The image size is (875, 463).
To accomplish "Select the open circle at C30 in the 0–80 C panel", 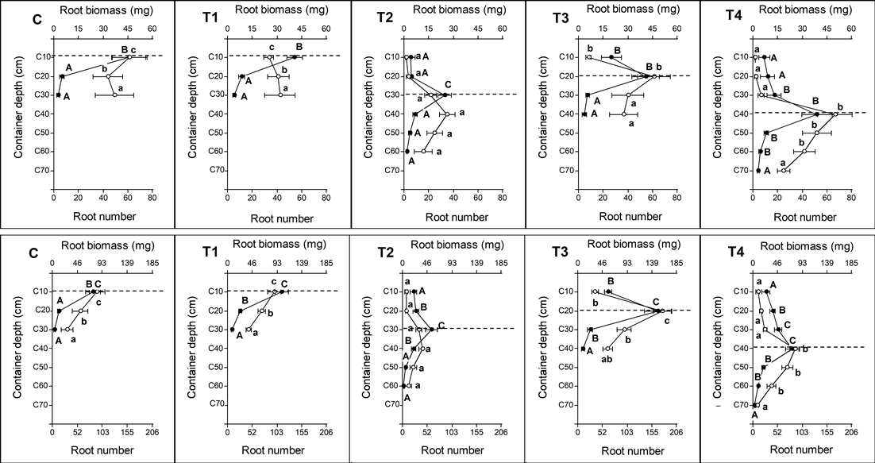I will click(114, 95).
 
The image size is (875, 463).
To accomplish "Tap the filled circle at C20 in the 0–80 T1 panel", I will click(242, 76).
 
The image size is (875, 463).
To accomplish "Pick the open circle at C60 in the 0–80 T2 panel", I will click(424, 151).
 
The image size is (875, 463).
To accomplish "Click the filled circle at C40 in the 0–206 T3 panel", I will click(584, 349).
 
